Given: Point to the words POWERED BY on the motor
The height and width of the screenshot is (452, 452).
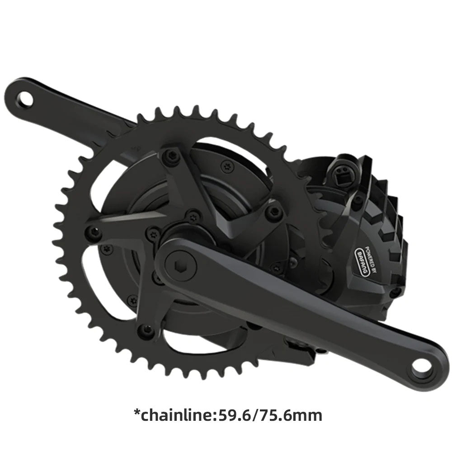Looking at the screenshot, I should pos(373,255).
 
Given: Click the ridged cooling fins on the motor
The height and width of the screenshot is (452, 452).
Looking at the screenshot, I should pos(389,203).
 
